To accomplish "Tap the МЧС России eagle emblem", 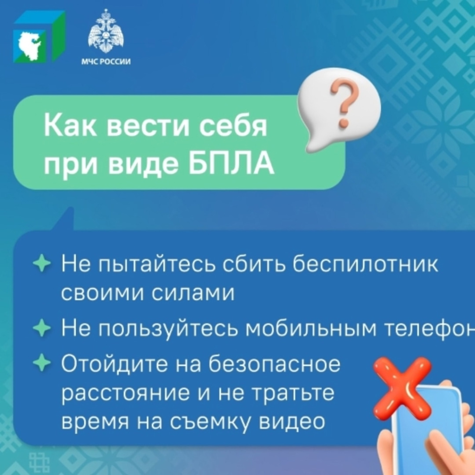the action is (x=106, y=31).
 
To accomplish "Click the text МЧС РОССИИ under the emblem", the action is (x=106, y=62).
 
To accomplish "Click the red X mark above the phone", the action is (x=402, y=387).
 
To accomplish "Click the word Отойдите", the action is (x=114, y=364).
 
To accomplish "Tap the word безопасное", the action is (x=274, y=364).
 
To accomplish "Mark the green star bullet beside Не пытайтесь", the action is (x=42, y=263).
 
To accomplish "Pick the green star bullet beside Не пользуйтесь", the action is (x=42, y=327).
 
